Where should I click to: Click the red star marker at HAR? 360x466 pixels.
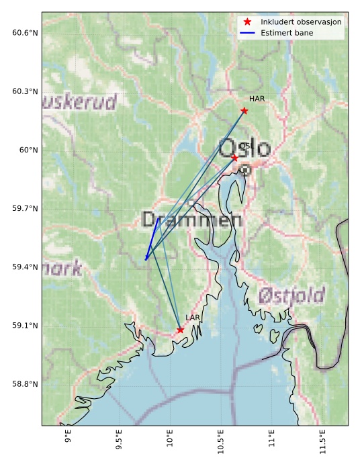[244, 111]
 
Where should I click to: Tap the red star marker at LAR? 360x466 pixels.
[180, 330]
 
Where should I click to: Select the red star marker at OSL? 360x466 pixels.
[234, 158]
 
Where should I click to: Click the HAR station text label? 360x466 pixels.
[257, 99]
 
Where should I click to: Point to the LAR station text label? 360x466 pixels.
[193, 318]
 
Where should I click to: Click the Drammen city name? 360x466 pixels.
[192, 220]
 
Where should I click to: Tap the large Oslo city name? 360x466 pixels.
[245, 148]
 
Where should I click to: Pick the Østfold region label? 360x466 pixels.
[291, 295]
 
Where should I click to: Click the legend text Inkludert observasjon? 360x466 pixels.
[302, 22]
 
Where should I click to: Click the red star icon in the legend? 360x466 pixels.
[247, 22]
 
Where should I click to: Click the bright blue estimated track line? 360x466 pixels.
[152, 238]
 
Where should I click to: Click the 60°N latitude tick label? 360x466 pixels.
[28, 150]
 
